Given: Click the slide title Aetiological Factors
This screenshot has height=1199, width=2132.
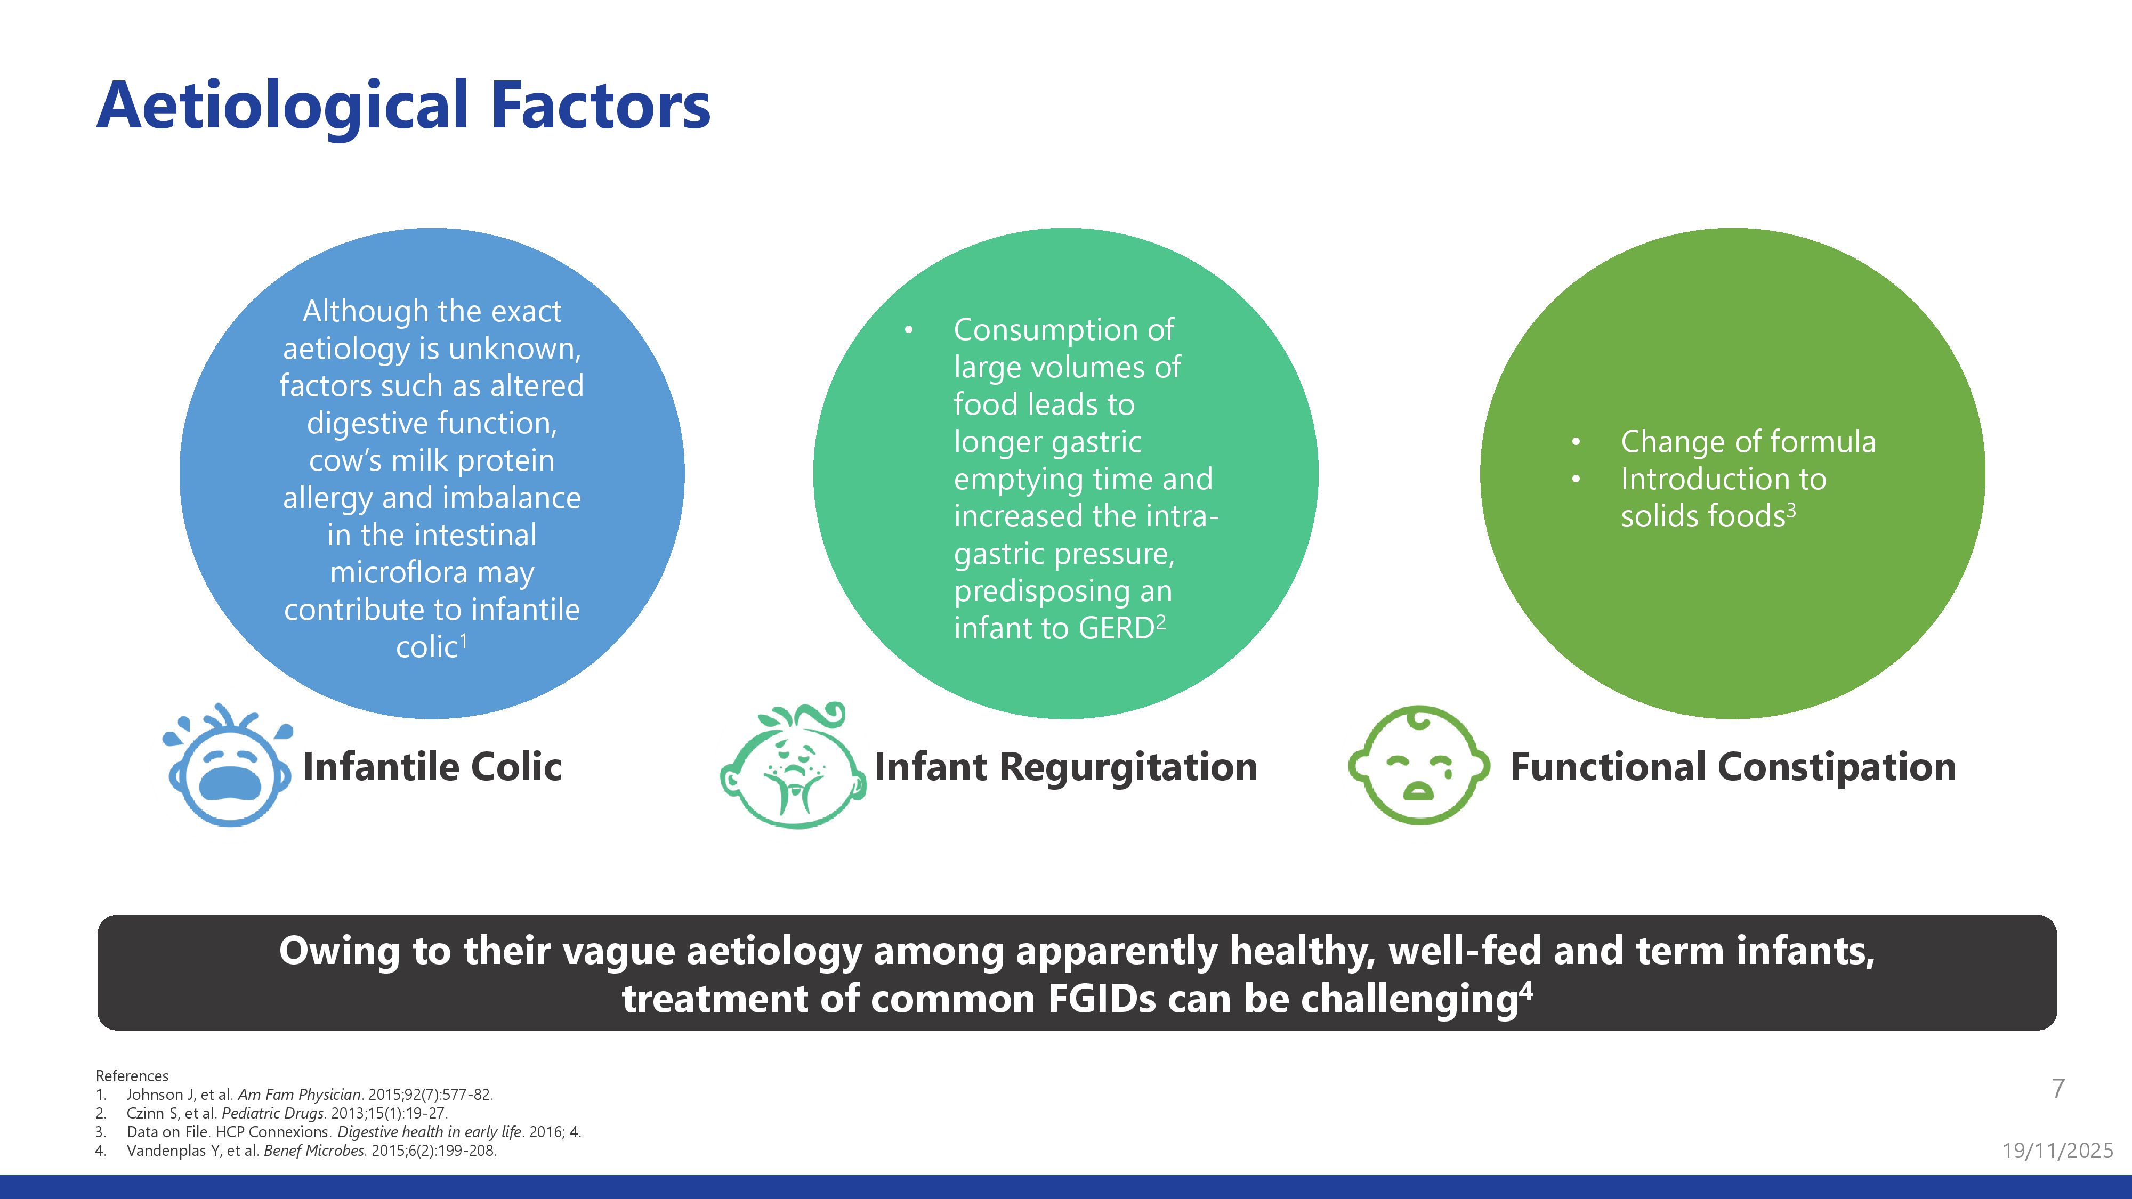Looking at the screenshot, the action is (x=403, y=107).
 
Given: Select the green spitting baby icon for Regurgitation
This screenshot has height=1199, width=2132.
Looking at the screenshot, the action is (x=793, y=765).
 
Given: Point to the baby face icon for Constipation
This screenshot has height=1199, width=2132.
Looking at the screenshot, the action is (x=1418, y=765).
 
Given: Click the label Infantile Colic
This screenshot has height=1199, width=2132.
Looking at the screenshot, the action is (x=432, y=766).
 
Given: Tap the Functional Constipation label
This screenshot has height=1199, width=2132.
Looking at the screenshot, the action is (x=1733, y=766).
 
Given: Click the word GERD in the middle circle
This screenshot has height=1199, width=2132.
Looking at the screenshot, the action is (x=1117, y=629).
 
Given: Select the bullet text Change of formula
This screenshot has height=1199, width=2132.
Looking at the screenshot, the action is (x=1748, y=442).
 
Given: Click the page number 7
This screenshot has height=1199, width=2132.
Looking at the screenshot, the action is (x=2058, y=1088).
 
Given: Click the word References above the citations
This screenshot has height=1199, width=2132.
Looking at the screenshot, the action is (x=132, y=1076).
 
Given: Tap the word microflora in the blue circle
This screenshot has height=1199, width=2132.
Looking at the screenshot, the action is (x=432, y=573).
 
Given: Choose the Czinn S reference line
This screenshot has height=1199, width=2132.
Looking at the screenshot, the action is (x=286, y=1114).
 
